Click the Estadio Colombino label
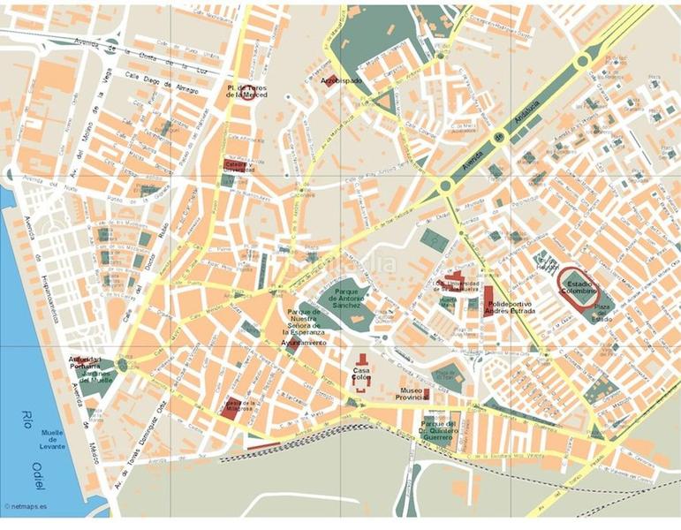click(x=579, y=286)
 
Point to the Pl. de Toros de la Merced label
click(x=246, y=91)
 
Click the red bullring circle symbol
click(x=249, y=93)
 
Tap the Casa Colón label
click(x=361, y=374)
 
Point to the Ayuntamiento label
click(x=304, y=341)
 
